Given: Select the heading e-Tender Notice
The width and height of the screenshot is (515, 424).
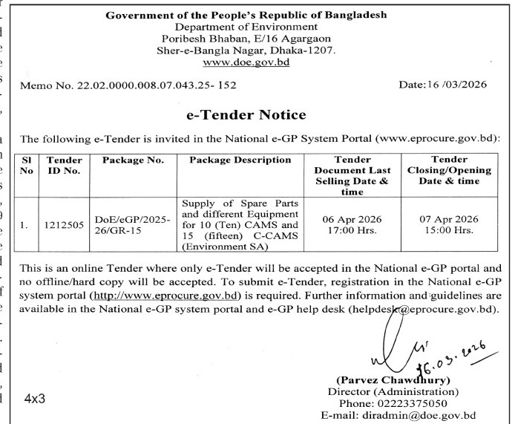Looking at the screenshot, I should click(x=255, y=115).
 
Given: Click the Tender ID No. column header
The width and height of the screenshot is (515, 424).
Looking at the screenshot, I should click(x=62, y=165).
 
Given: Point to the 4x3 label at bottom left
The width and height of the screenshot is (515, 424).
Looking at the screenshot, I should click(x=35, y=397).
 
